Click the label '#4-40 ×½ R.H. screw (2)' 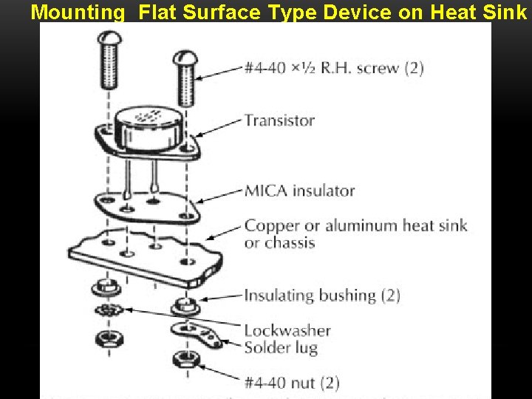[334, 68]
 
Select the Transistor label [279, 120]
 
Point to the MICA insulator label [299, 191]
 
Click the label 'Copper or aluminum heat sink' [355, 225]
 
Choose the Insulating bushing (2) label [322, 296]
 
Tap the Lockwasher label [287, 330]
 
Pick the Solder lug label [281, 347]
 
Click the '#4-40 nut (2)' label [292, 383]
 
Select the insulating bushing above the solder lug [183, 304]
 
